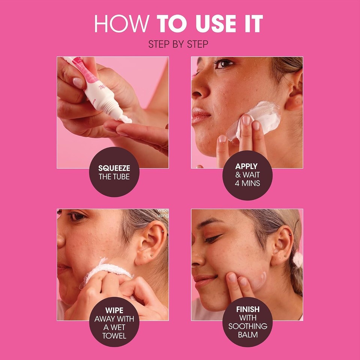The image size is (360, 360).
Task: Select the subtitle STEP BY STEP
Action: point(178,44)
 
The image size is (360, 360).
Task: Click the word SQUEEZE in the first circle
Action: point(114,169)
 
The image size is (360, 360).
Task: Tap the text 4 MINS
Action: point(247,183)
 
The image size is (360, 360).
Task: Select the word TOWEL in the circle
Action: point(114,335)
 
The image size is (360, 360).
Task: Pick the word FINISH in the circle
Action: point(247,310)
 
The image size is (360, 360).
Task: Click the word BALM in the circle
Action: point(247,334)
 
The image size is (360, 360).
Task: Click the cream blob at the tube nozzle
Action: point(126,120)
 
